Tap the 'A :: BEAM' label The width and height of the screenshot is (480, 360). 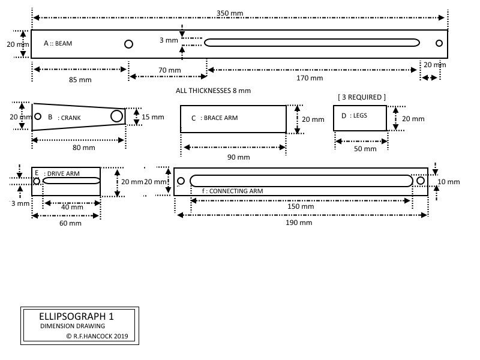[58, 44]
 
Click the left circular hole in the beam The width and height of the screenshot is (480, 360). [128, 44]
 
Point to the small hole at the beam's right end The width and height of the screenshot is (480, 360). [439, 43]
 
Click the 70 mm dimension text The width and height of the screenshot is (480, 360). [170, 70]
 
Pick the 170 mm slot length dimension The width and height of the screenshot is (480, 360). [310, 78]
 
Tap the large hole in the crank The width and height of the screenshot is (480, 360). [116, 115]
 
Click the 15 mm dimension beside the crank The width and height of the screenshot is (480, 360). [153, 117]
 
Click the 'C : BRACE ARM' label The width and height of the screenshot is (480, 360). [214, 118]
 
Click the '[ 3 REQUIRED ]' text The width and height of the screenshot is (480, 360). [362, 97]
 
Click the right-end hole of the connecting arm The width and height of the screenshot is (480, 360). [420, 181]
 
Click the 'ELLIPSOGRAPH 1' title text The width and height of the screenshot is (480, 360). [76, 316]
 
